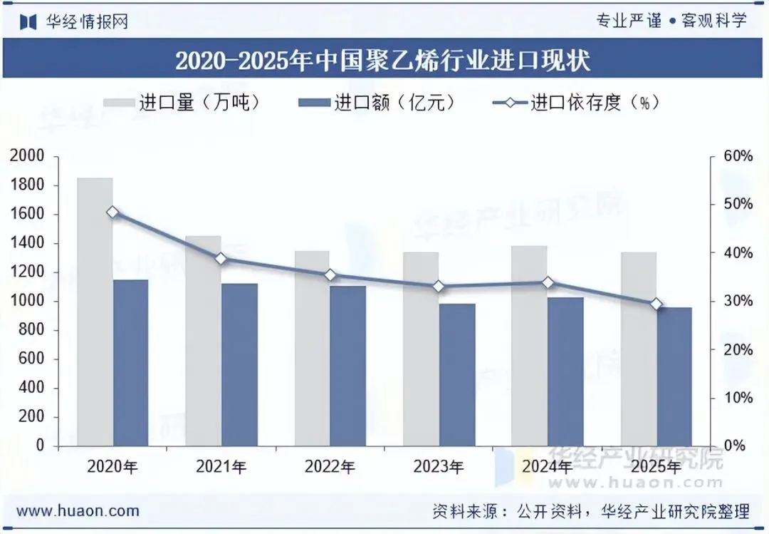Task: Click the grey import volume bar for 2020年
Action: [95, 312]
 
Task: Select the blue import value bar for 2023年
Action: [457, 375]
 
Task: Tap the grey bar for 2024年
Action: [529, 346]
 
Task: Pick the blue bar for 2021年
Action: [239, 364]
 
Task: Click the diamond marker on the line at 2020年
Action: [113, 212]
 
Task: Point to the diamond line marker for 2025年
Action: [656, 304]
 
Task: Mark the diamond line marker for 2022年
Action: [330, 275]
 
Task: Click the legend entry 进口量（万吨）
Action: [181, 103]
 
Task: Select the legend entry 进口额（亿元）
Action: [377, 103]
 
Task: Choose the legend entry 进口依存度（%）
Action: [576, 103]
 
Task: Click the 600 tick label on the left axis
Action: [31, 359]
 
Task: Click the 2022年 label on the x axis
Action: [330, 466]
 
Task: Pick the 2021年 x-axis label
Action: [221, 466]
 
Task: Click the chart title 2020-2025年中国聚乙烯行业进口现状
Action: [382, 61]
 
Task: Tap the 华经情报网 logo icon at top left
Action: [28, 21]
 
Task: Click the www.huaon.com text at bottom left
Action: [78, 511]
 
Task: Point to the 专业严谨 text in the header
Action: [629, 21]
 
